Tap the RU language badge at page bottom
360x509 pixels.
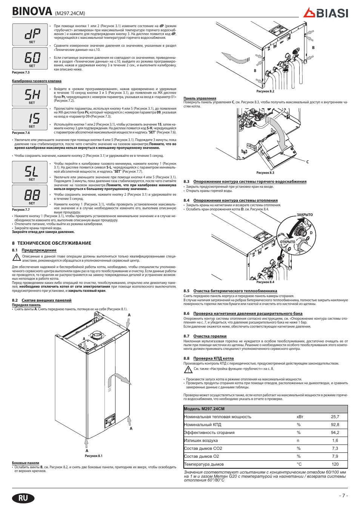[23, 498]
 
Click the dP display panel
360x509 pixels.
[30, 35]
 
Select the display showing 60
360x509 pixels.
[30, 58]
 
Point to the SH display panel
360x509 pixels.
[30, 95]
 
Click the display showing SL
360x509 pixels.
[30, 172]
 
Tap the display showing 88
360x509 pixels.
[30, 196]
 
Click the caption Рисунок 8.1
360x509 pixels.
[94, 455]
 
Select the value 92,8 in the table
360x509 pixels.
[335, 425]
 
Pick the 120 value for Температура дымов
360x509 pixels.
[335, 464]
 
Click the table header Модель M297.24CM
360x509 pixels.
[204, 409]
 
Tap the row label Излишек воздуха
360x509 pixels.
[201, 440]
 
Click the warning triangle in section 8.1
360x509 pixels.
[16, 258]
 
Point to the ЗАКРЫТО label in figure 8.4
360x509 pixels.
[305, 215]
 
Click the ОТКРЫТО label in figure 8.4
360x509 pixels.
[288, 242]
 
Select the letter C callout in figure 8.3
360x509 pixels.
[308, 162]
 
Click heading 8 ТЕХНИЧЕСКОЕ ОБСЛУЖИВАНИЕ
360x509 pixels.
[52, 243]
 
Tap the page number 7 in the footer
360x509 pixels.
[343, 495]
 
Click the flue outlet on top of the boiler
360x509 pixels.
[98, 335]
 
